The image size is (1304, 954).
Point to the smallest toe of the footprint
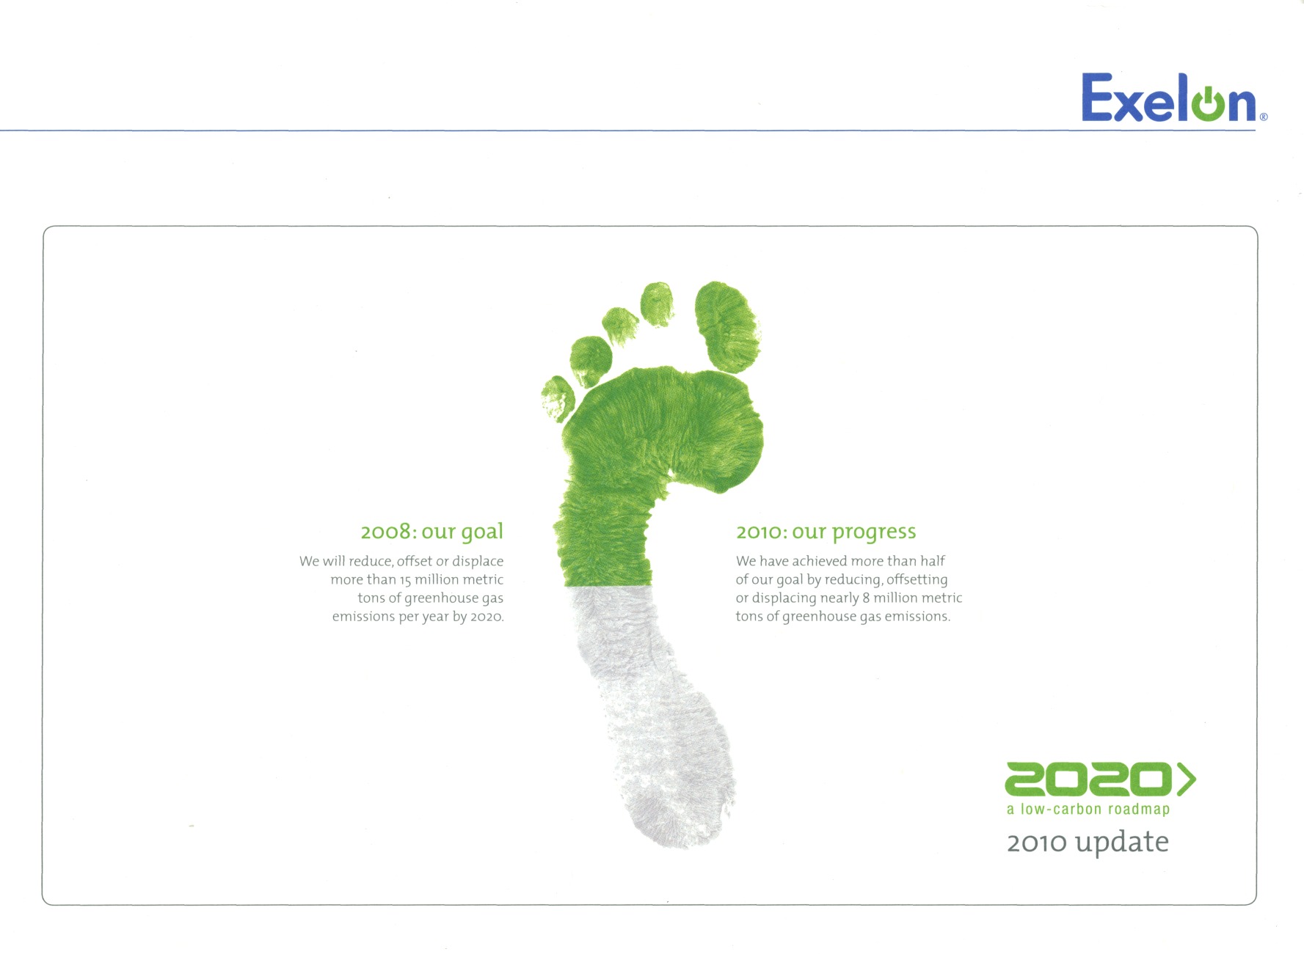[x=558, y=398]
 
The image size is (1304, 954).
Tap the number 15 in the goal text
[x=405, y=580]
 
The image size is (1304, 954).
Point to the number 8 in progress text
[x=866, y=598]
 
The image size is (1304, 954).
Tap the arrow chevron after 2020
[x=1187, y=779]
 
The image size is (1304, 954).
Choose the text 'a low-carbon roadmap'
[x=1088, y=810]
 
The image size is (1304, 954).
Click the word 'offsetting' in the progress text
[x=917, y=580]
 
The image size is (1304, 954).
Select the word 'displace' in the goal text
[x=478, y=562]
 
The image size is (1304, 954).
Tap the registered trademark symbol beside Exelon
[x=1264, y=117]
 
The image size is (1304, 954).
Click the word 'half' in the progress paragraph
[x=933, y=561]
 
